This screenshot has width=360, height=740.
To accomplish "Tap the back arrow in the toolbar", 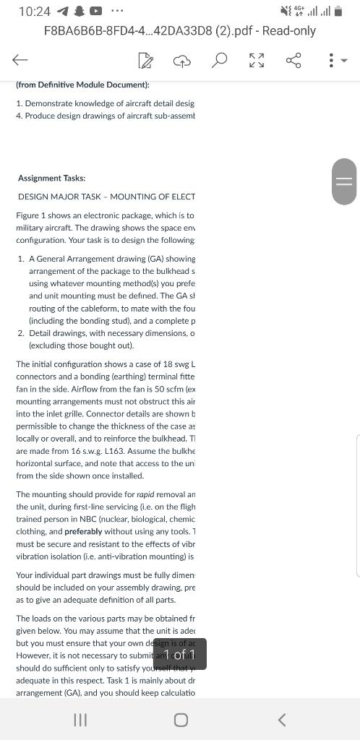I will point(20,61).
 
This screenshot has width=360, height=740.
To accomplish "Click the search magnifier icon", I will point(219,61).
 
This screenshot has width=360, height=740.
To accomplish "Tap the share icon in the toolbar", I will point(293,61).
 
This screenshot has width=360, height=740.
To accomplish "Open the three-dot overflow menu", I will point(331,61).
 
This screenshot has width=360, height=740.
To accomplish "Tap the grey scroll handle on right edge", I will point(345,181).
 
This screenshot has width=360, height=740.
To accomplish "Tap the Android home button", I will point(181,719).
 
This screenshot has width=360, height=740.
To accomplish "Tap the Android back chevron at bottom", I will point(282,719).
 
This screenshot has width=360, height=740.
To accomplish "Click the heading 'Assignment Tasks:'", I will point(51,178).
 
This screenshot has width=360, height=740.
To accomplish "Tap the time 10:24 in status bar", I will point(35,12).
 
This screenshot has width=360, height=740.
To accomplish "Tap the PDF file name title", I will point(179,31).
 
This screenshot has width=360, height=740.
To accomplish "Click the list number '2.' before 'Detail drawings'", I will point(22,332).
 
